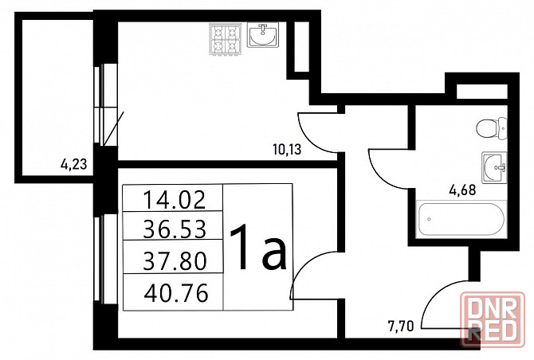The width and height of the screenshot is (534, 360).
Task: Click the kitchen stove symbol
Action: coord(225,39)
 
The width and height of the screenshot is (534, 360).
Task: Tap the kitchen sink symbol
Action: coord(262,35)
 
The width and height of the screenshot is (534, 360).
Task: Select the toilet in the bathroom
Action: coord(492,128)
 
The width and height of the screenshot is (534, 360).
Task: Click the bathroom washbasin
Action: coord(494,167)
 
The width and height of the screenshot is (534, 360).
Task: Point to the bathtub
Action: coord(461,219)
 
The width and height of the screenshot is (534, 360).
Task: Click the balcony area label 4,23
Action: coord(74,165)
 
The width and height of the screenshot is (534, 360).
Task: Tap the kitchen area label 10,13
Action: coord(287,149)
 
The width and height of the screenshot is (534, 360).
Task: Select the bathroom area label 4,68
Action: coord(462,190)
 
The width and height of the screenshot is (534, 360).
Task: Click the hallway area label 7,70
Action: coord(400,327)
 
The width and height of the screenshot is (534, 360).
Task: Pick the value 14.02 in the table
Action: coord(175,200)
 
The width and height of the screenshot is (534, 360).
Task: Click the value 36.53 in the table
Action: coord(175,229)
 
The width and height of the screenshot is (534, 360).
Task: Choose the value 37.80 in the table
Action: coord(175,260)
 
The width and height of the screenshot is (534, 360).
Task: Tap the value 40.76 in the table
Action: coord(176,293)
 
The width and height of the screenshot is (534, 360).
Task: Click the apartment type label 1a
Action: coord(258,248)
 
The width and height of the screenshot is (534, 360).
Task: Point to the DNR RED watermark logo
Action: coord(492,319)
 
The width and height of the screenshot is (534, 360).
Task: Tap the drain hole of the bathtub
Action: coord(429,219)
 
